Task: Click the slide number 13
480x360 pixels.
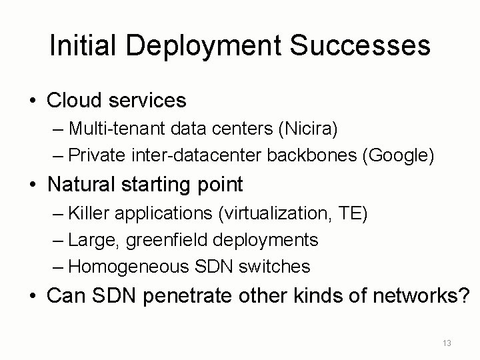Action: coord(447,343)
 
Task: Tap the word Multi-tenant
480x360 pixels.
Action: coord(110,130)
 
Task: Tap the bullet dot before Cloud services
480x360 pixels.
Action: coord(32,101)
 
